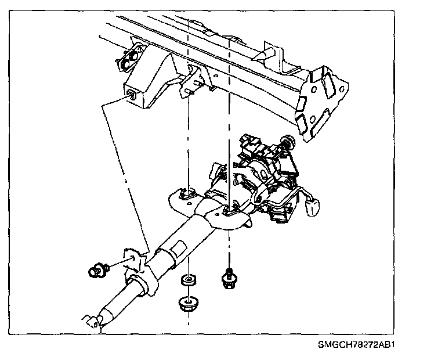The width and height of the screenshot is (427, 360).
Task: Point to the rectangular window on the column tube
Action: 179,251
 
